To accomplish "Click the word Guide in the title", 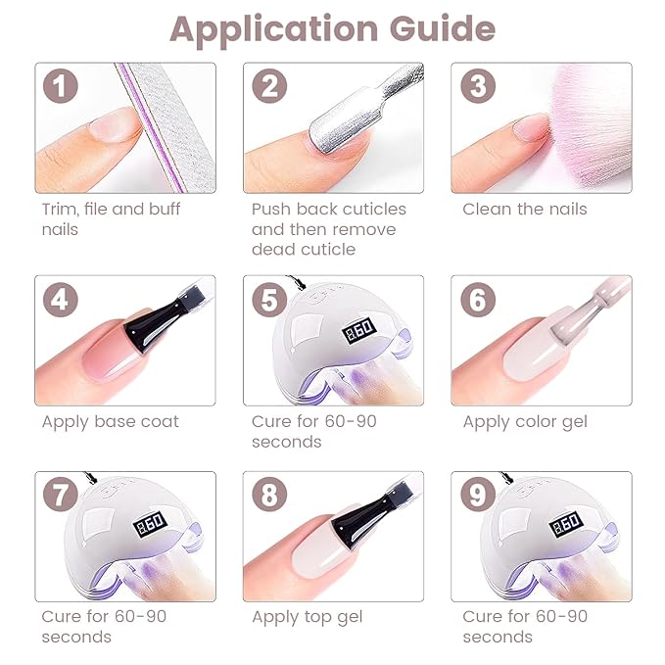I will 444,29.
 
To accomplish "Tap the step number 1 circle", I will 61,87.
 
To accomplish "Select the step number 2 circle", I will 269,87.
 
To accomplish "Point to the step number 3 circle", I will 477,87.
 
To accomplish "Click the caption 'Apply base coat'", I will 110,422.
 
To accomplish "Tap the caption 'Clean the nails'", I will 524,209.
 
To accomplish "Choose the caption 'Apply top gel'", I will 307,617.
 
